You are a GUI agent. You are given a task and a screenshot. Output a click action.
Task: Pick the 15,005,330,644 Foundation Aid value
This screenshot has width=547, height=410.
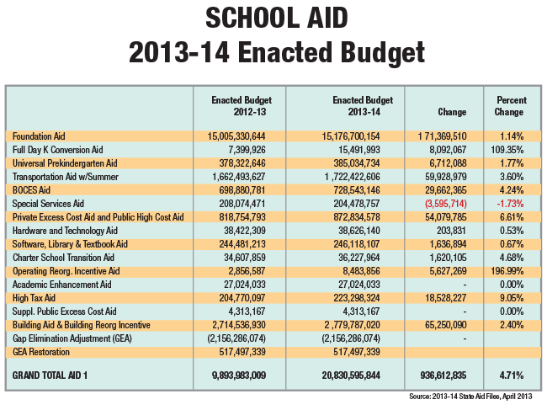236,136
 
